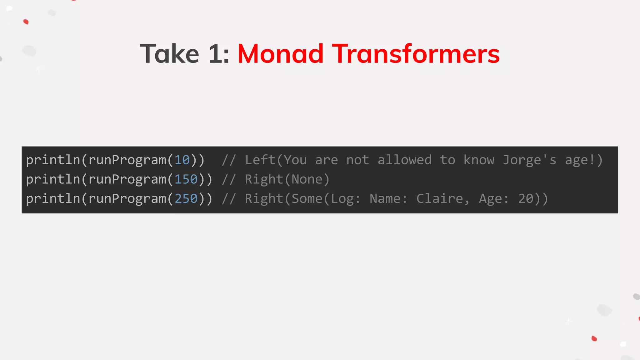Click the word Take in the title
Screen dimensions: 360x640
[x=169, y=54]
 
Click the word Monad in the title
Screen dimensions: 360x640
[x=280, y=54]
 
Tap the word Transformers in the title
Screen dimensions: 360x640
[x=416, y=54]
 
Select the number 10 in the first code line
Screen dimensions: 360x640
[x=182, y=160]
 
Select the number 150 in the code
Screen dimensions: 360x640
[x=186, y=179]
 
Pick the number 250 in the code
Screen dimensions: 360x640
[x=186, y=199]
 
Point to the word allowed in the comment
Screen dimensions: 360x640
[x=404, y=160]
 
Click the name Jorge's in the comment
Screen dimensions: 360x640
[x=529, y=160]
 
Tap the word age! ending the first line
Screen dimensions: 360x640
[x=580, y=160]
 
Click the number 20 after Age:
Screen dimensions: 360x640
[x=526, y=199]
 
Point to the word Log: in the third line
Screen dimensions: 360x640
[x=346, y=199]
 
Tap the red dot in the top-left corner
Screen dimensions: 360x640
[x=26, y=22]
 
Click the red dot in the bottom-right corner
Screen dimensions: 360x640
[x=594, y=338]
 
